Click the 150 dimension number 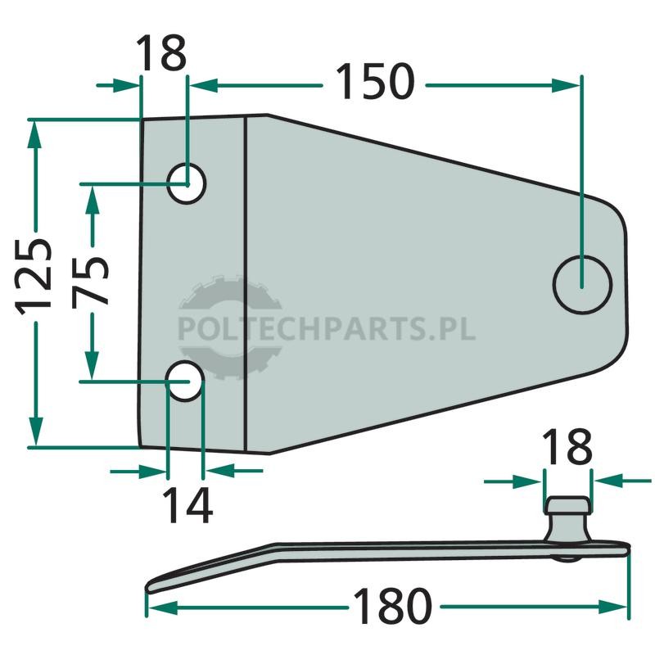click(x=375, y=82)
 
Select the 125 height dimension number click(x=34, y=276)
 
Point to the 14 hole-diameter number click(x=187, y=505)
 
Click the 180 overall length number click(x=392, y=607)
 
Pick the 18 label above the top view click(x=161, y=53)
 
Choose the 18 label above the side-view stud click(x=567, y=446)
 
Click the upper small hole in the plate click(x=187, y=183)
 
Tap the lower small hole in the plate click(x=185, y=381)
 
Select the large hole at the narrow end click(x=582, y=285)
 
